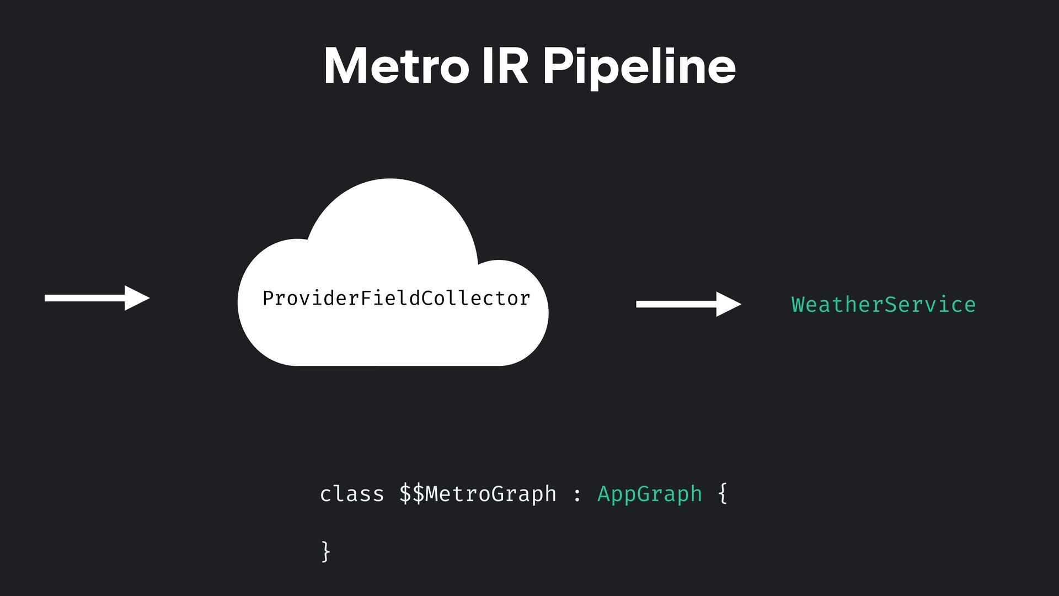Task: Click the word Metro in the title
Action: (x=395, y=66)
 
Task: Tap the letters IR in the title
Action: (x=504, y=66)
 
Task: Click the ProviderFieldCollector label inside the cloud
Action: (x=396, y=299)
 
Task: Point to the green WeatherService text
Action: (x=883, y=305)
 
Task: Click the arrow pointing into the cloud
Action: (x=97, y=298)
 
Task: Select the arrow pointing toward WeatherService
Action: (x=688, y=304)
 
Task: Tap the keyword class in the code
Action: (x=351, y=493)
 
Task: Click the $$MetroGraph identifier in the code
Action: (x=478, y=493)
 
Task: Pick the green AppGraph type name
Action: (x=649, y=493)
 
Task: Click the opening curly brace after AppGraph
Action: (x=723, y=493)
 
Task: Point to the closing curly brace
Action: (x=325, y=551)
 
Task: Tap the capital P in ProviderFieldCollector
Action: (x=269, y=299)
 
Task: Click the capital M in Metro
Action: (x=345, y=66)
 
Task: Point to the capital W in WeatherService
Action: (x=798, y=305)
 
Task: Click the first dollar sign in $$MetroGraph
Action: (x=405, y=493)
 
